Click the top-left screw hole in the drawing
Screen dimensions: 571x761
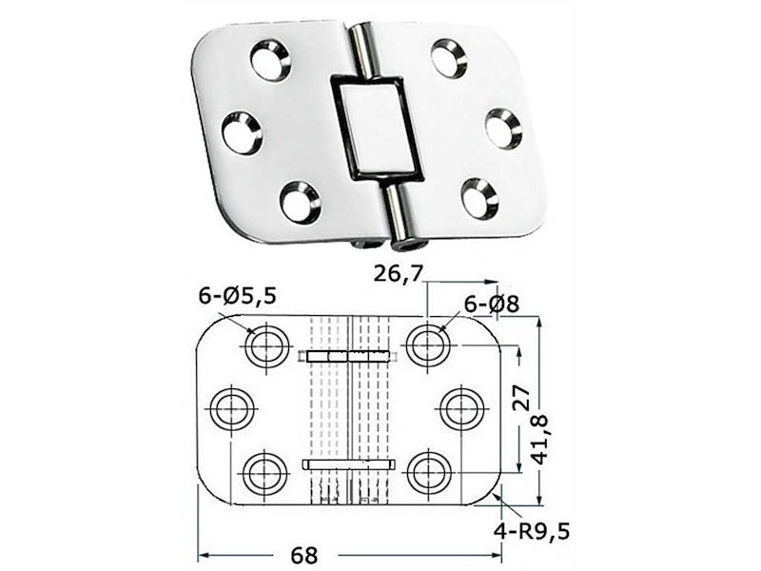[x=266, y=345]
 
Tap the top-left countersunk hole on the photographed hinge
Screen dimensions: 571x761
[x=271, y=59]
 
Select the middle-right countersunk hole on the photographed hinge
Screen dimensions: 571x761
[x=502, y=128]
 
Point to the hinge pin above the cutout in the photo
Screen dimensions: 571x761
[x=361, y=50]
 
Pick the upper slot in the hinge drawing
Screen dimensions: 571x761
[x=348, y=356]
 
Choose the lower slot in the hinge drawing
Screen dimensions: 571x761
[x=348, y=463]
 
